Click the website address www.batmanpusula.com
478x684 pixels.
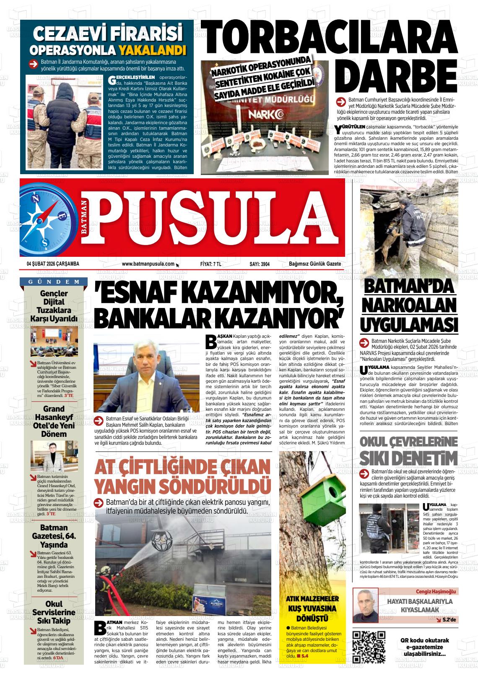148,264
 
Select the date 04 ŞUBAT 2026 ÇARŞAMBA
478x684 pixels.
53,264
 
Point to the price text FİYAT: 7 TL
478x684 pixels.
211,264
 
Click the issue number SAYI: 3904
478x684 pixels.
259,264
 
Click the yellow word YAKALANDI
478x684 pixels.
152,50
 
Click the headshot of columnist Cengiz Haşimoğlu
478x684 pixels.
365,605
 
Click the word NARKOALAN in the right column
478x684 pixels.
408,305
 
